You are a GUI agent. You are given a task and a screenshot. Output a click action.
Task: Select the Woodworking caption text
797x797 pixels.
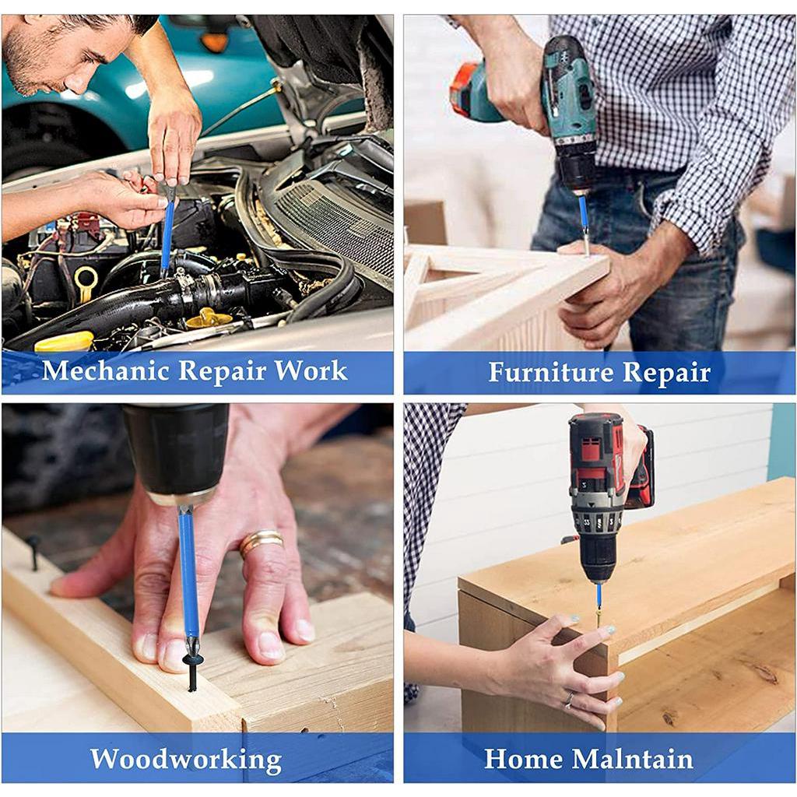coord(186,759)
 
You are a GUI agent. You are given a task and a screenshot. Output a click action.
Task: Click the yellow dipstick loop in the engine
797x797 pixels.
coord(85,280)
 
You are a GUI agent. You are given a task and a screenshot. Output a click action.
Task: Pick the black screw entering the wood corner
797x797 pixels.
coord(192,671)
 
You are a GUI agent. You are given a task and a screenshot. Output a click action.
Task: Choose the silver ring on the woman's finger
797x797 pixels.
coord(568,700)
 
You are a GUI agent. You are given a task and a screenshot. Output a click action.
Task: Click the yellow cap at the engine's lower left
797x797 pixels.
coord(65,341)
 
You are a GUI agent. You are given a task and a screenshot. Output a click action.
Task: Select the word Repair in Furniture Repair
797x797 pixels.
coord(666,373)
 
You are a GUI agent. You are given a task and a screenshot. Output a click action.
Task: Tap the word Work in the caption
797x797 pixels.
coord(311,370)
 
